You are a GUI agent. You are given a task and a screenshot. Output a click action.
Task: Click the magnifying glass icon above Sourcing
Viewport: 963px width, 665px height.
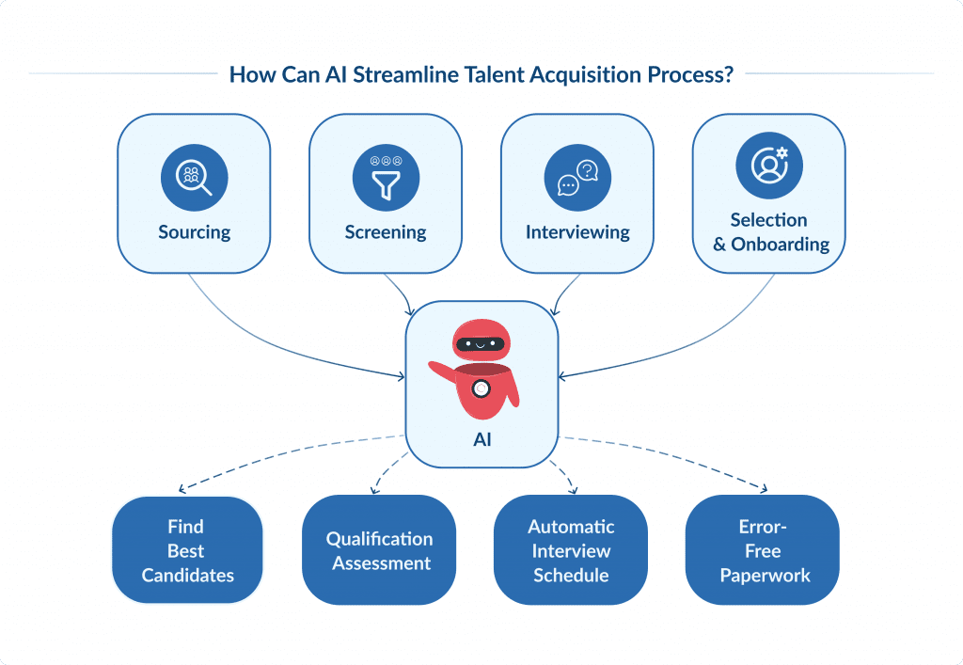194,177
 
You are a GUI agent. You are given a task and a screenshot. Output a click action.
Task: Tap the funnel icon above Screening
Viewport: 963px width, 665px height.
386,177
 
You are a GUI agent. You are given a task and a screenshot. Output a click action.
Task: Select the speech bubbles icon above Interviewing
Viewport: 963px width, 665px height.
577,177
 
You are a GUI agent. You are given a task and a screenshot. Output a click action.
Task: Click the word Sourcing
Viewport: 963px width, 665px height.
194,232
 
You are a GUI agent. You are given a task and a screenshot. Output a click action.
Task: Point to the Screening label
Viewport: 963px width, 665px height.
386,232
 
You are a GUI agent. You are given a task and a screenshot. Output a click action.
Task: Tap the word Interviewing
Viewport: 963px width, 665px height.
577,232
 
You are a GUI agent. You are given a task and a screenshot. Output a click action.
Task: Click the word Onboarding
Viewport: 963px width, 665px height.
780,245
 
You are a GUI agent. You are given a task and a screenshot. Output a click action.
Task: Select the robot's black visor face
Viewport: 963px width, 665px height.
481,344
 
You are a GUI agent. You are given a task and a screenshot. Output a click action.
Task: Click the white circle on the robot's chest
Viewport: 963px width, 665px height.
481,388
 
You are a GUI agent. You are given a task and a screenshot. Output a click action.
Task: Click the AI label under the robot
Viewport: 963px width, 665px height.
481,439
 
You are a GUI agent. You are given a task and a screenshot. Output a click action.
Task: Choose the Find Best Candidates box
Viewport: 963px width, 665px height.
187,551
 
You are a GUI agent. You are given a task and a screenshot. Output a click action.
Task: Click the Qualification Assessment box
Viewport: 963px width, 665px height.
380,551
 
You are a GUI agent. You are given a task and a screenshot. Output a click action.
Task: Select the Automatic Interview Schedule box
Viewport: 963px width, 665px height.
571,551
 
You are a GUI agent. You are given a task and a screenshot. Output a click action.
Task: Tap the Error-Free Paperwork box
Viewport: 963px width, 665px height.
763,551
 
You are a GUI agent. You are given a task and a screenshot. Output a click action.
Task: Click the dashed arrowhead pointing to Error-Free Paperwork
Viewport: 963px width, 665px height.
763,489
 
